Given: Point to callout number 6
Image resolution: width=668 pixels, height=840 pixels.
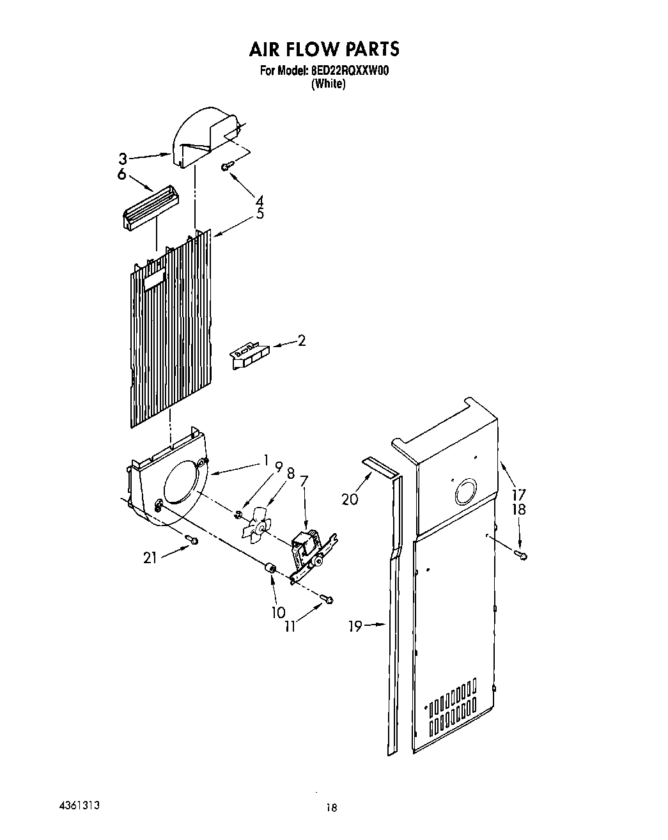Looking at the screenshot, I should coord(122,175).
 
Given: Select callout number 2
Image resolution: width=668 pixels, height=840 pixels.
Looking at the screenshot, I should coord(302,341).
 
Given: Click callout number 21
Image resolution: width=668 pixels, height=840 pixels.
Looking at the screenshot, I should coord(150,558).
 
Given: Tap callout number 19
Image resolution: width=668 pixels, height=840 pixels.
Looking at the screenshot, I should coord(355,626).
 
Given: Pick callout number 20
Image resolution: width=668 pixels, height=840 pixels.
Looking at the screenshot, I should coord(350,499).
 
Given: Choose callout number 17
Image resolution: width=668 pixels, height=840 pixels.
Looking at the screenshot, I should coord(518,494).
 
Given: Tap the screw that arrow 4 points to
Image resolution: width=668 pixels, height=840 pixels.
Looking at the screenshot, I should coord(226,166).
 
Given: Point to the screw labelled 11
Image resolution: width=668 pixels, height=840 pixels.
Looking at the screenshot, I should coord(329,599).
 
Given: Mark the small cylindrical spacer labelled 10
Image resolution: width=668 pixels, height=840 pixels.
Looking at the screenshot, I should coord(270,568).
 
